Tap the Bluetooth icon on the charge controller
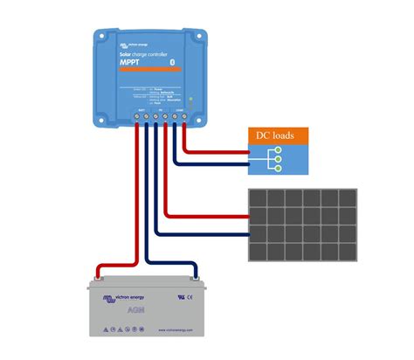pos(172,61)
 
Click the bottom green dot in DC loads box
pos(277,168)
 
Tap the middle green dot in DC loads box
pos(277,158)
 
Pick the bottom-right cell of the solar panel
pos(345,252)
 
